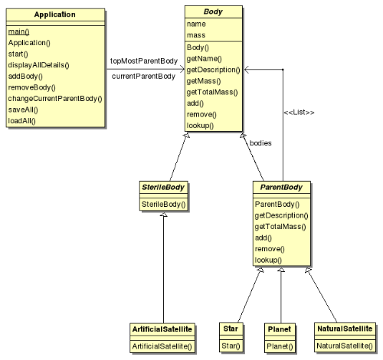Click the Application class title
pyautogui.click(x=54, y=15)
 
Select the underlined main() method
pyautogui.click(x=18, y=31)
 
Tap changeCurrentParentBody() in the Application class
pyautogui.click(x=55, y=99)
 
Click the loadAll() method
pyautogui.click(x=21, y=121)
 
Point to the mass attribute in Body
pyautogui.click(x=196, y=35)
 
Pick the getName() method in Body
pyautogui.click(x=204, y=59)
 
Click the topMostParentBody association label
pyautogui.click(x=144, y=61)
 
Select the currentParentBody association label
pyautogui.click(x=143, y=77)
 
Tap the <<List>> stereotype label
pyautogui.click(x=299, y=113)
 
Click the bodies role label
pyautogui.click(x=260, y=143)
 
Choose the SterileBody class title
pyautogui.click(x=163, y=188)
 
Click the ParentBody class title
pyautogui.click(x=281, y=188)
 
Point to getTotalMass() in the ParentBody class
pyautogui.click(x=280, y=227)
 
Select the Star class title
pyautogui.click(x=231, y=329)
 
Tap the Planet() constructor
pyautogui.click(x=280, y=346)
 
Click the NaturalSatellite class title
pyautogui.click(x=345, y=329)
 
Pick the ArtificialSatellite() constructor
pyautogui.click(x=162, y=346)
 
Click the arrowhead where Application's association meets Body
pyautogui.click(x=182, y=69)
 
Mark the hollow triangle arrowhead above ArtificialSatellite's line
pyautogui.click(x=164, y=214)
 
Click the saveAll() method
pyautogui.click(x=23, y=110)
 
